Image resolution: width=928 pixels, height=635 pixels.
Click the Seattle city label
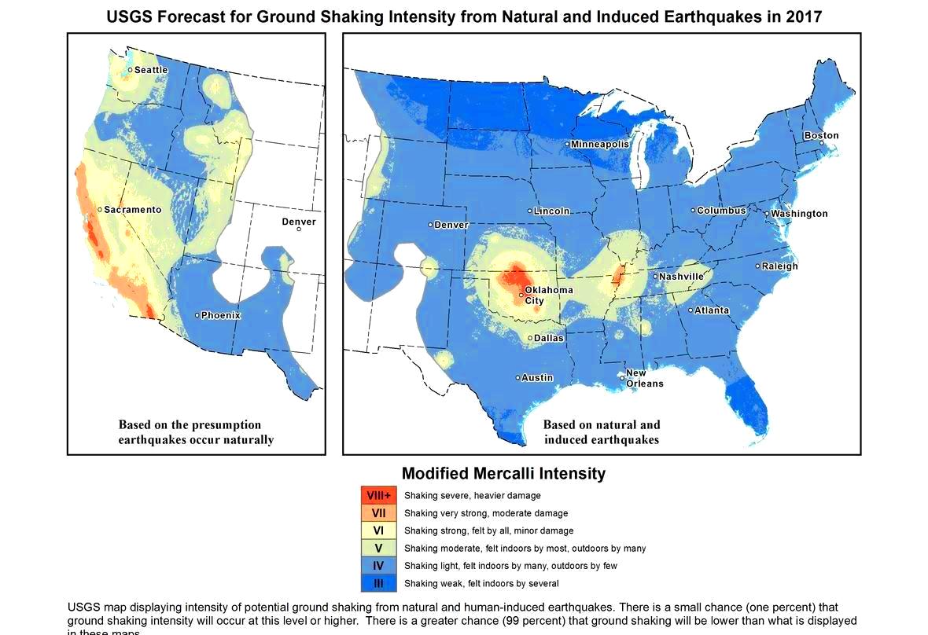(x=151, y=70)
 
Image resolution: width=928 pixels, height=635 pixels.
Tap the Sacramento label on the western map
(x=133, y=210)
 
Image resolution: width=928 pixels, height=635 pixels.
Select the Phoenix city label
(x=220, y=315)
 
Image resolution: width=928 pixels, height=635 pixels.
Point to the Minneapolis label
(x=600, y=145)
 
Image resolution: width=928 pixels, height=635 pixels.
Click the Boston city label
(x=821, y=135)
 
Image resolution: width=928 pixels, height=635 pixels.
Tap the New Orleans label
(x=644, y=378)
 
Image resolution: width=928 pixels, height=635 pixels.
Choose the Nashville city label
(x=682, y=277)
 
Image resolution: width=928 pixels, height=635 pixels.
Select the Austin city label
(x=538, y=377)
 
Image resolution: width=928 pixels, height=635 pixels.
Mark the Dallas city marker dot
(x=530, y=338)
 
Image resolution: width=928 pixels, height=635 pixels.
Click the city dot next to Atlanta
(x=690, y=310)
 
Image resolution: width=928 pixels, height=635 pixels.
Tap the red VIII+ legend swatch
(x=378, y=496)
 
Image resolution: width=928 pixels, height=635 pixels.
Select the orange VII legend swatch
(x=378, y=513)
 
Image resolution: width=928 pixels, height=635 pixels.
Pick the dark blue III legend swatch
(x=378, y=583)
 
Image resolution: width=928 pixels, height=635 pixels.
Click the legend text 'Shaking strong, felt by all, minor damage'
(x=488, y=531)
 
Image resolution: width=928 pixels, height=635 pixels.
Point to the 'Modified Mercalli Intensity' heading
(x=503, y=473)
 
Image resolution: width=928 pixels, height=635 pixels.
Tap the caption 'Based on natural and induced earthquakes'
(x=602, y=432)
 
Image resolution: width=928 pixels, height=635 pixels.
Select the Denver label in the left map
(x=299, y=222)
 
